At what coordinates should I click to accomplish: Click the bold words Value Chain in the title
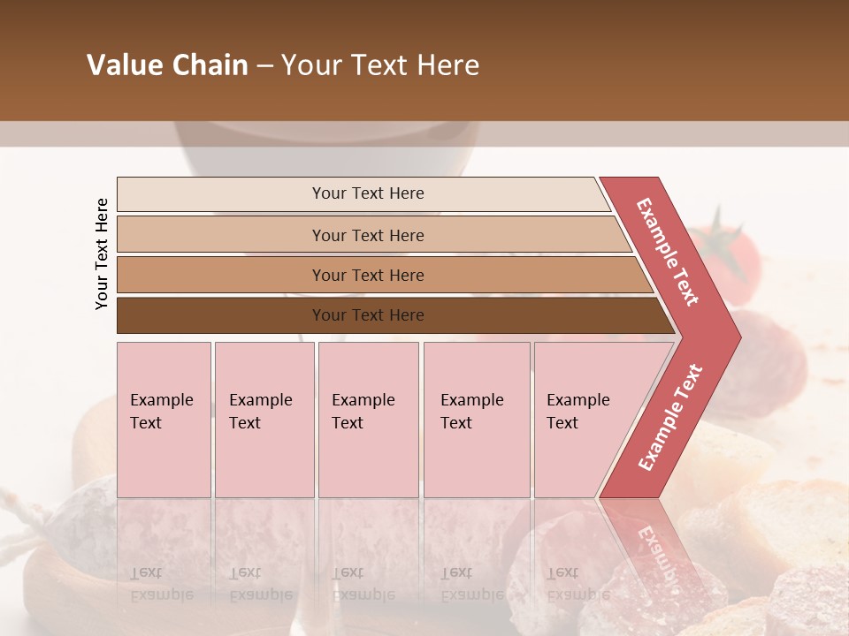tap(167, 65)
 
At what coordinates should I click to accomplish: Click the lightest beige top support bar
tap(221, 194)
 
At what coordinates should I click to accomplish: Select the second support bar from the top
tap(221, 235)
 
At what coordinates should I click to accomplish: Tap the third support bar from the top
tap(221, 275)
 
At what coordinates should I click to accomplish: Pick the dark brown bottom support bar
tap(221, 315)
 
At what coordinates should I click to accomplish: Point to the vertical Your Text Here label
tap(102, 254)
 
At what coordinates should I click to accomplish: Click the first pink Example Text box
tap(164, 420)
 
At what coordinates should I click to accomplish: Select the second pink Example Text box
tap(264, 420)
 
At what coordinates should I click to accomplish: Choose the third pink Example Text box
tap(368, 420)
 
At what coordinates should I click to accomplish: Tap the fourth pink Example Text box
tap(476, 420)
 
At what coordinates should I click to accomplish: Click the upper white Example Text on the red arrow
tap(668, 252)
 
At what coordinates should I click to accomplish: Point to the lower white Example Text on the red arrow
tap(670, 418)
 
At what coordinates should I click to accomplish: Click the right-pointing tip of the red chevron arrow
tap(735, 337)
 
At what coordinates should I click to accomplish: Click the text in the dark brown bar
tap(368, 315)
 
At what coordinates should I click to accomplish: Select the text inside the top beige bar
tap(368, 193)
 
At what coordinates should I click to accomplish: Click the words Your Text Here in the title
tap(380, 65)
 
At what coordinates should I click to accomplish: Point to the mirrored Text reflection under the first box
tap(146, 572)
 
